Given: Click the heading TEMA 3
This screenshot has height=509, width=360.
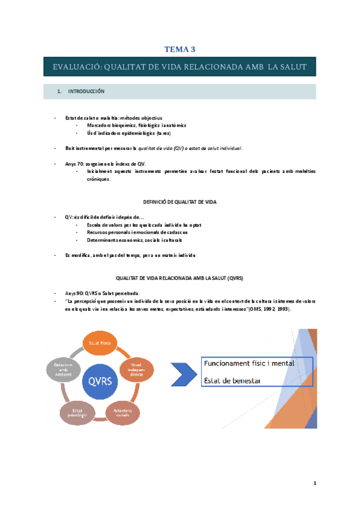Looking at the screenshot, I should point(180,49).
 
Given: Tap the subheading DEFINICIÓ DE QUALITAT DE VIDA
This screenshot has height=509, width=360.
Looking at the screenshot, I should point(179,203).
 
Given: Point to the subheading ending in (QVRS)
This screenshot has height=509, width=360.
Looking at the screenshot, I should point(180,279).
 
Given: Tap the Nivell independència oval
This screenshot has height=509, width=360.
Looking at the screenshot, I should point(137,368).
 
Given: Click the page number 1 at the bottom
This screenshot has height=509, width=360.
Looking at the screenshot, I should point(314,483).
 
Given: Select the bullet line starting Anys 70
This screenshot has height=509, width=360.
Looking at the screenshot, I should point(105,163).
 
